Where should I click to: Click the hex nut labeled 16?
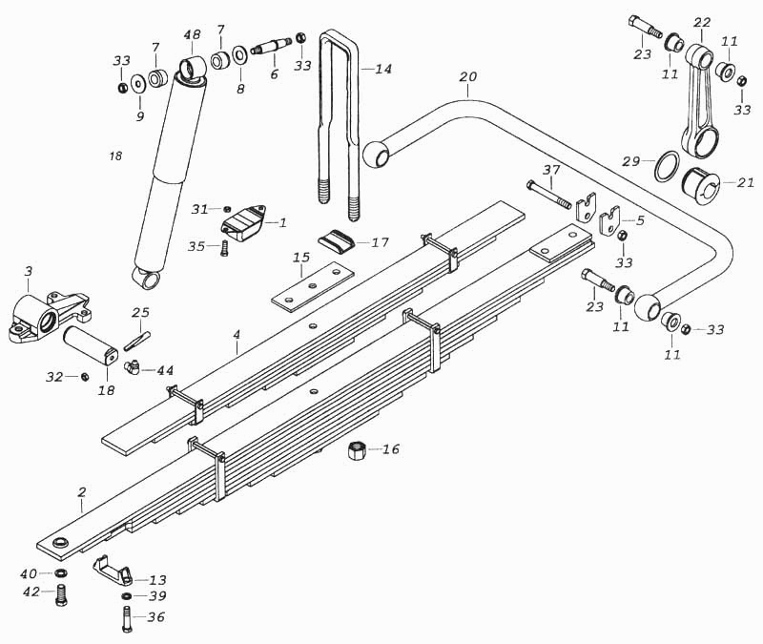357,449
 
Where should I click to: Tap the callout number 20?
467,76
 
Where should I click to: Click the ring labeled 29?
667,167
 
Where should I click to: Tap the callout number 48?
192,36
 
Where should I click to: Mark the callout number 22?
703,22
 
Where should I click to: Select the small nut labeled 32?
84,377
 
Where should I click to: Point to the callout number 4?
236,335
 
